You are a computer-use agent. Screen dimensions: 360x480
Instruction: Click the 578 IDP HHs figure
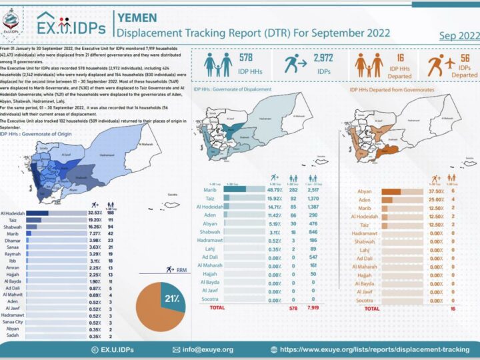[x=245, y=57]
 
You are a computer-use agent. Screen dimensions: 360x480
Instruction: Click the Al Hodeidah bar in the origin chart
[x=31, y=213]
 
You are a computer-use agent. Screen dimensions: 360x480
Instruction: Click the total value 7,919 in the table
[x=312, y=309]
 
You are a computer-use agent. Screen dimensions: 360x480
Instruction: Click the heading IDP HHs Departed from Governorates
[x=392, y=89]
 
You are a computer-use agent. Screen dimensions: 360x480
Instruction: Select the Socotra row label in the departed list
[x=365, y=300]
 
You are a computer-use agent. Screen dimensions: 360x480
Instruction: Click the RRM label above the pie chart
[x=181, y=270]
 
